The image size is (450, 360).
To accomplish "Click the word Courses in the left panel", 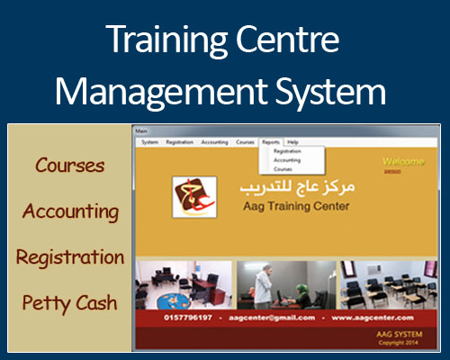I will click(x=70, y=166).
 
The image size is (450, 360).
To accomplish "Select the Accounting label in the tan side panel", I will click(x=70, y=211).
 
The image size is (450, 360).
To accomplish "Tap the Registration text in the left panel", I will click(x=70, y=256).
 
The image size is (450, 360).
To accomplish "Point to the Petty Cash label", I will click(x=70, y=302).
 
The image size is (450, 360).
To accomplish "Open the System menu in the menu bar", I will click(x=149, y=142).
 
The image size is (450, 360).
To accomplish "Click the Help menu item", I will click(x=292, y=142).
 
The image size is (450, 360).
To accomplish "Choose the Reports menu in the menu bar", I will click(x=271, y=142).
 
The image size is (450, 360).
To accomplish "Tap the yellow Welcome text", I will click(x=403, y=163).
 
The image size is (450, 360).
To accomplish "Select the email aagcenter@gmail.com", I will click(x=271, y=318).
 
